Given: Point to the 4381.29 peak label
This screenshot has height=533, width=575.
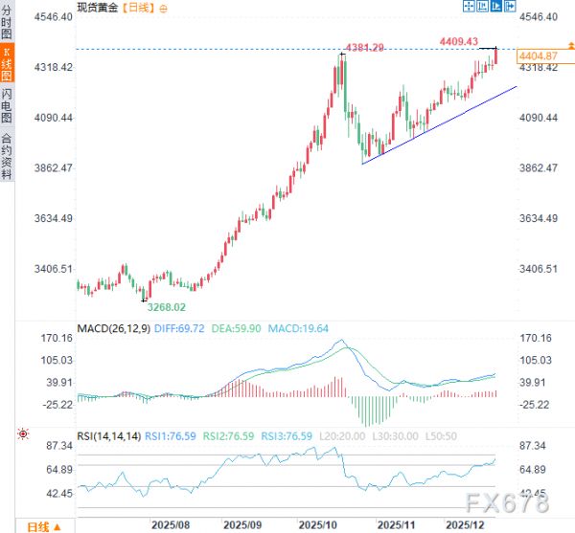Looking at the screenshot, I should (364, 48).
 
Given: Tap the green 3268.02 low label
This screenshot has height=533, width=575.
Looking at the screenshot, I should (165, 307).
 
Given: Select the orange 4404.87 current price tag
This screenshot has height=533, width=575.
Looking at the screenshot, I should (537, 57).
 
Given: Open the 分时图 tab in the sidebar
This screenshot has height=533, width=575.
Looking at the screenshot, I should (8, 22).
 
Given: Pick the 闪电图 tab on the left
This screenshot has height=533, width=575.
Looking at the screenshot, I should (8, 106).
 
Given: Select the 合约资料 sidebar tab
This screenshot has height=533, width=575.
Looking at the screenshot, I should (8, 157).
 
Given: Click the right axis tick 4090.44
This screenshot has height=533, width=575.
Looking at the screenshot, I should (539, 118).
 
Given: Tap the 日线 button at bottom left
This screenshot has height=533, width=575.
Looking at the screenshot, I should (37, 526).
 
